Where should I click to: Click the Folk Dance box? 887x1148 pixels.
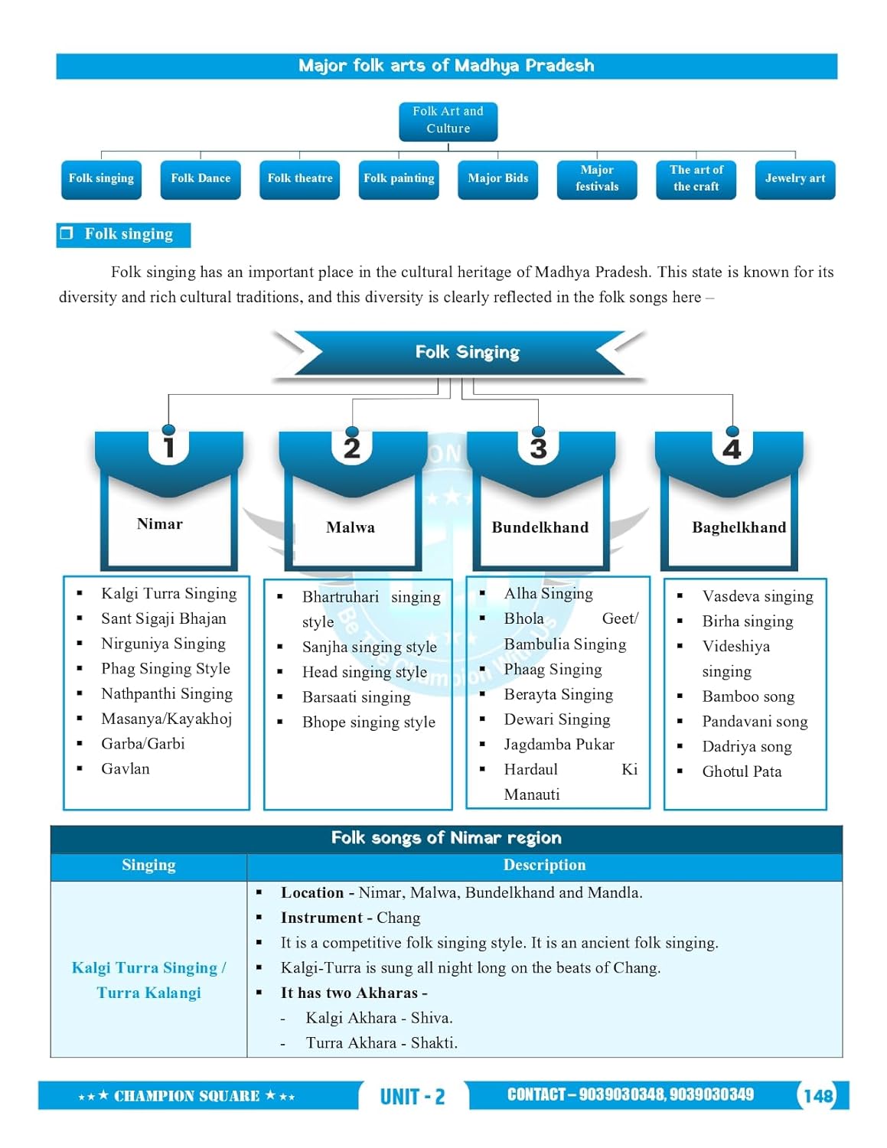click(x=201, y=179)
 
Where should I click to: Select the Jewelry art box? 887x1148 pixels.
click(x=794, y=179)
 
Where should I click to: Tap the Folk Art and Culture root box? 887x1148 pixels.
click(x=448, y=121)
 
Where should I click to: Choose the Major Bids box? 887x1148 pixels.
click(x=497, y=179)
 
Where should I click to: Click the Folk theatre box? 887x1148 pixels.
click(x=299, y=179)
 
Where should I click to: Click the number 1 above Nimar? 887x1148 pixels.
click(x=169, y=448)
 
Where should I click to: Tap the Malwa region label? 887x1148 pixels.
click(x=351, y=527)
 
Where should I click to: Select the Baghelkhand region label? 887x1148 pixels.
click(x=739, y=527)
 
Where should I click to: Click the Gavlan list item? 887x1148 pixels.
click(x=126, y=769)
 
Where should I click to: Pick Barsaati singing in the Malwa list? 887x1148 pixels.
click(x=356, y=697)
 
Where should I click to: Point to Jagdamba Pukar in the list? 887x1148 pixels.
click(x=559, y=745)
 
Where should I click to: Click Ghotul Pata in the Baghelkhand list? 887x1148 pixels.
click(x=742, y=771)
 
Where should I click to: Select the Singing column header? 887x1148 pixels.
click(x=148, y=866)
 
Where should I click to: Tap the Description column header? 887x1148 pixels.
click(x=544, y=866)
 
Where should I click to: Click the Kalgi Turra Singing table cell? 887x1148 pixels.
click(x=148, y=980)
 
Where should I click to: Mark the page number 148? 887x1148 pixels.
click(x=817, y=1096)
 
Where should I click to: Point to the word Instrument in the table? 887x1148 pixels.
click(x=321, y=918)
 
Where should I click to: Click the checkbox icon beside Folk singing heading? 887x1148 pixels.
click(x=67, y=233)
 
